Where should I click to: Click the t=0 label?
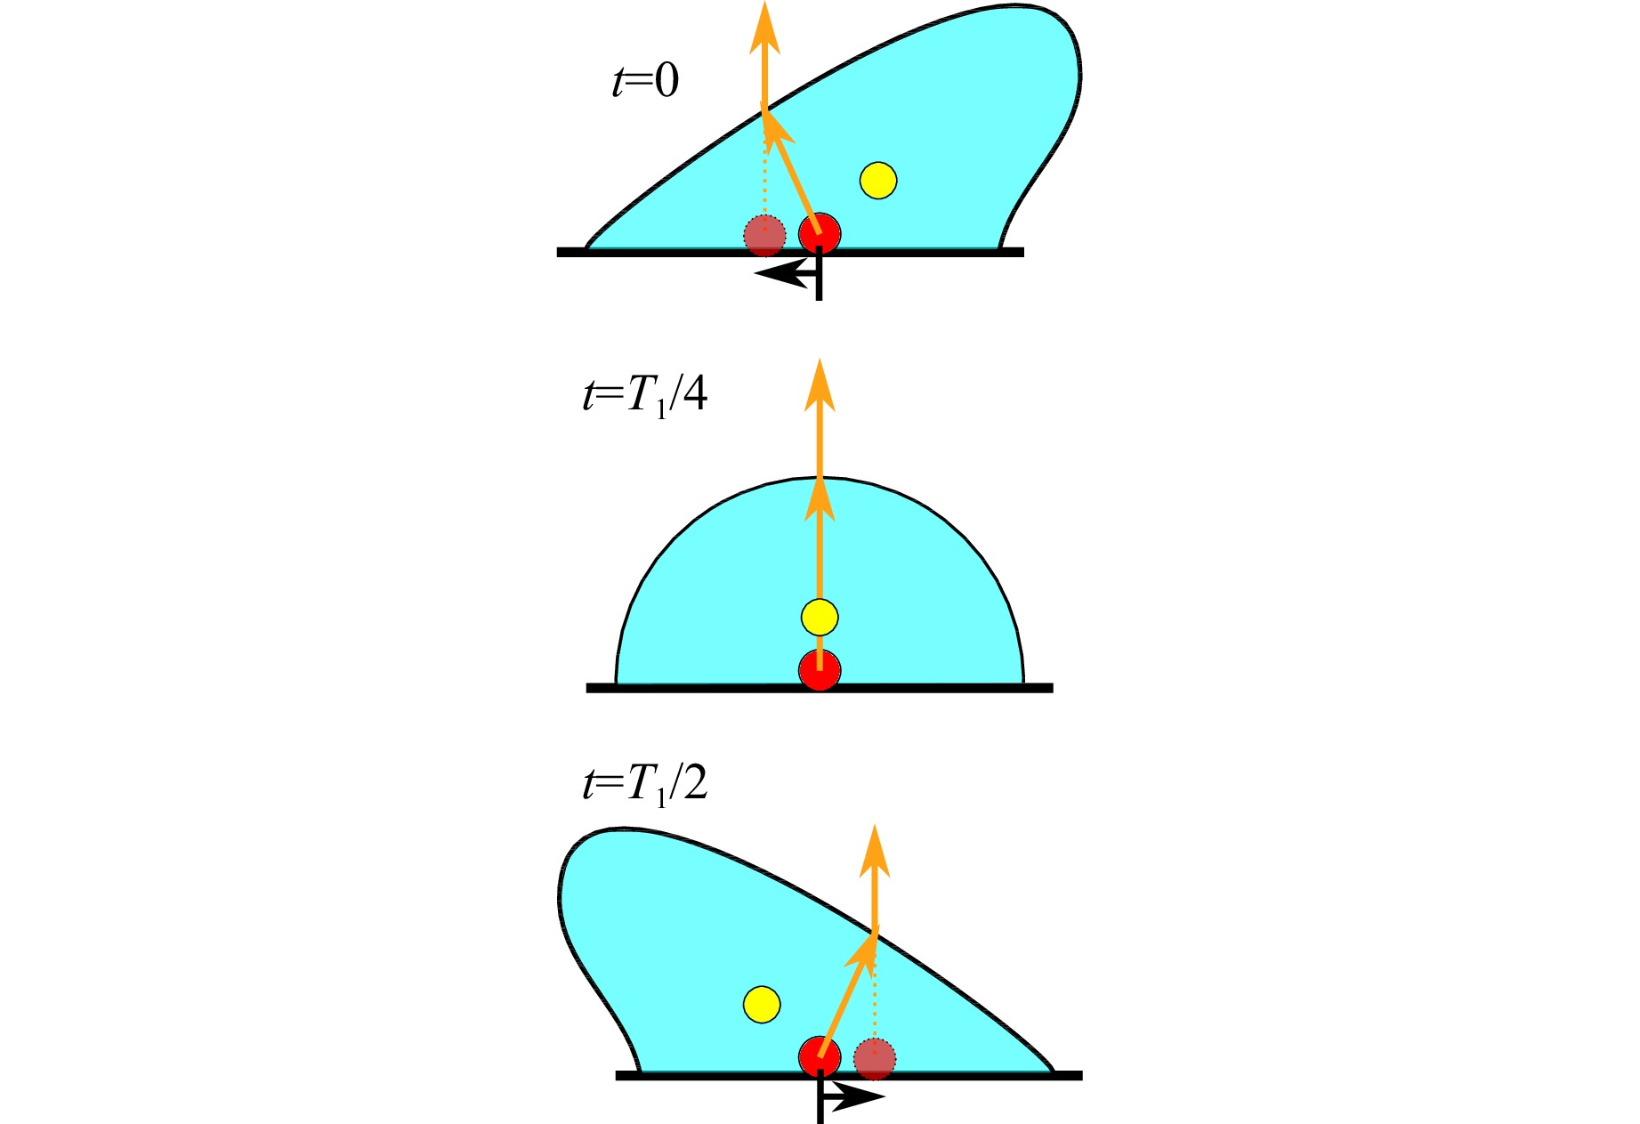645,81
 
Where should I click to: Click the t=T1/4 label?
645,395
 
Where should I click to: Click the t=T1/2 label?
645,784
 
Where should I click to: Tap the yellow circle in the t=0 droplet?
878,181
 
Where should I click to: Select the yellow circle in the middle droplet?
820,617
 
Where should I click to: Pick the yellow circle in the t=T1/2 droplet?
762,1005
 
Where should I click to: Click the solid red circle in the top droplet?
820,233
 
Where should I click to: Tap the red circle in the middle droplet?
820,669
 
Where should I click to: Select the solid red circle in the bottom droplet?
820,1057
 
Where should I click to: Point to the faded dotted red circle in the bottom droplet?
875,1059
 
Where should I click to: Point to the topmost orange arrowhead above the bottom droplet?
876,852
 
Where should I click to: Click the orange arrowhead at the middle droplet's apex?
820,497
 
